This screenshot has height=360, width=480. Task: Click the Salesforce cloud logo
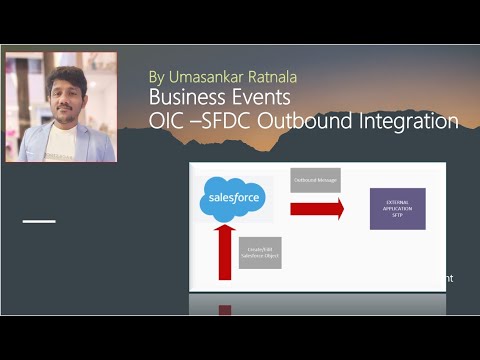point(234,199)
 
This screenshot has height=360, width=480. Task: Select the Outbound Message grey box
point(315,180)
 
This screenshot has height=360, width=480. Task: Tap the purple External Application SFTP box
point(397,208)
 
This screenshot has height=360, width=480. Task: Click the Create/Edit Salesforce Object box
point(260,253)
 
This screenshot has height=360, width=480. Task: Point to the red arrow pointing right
point(316,209)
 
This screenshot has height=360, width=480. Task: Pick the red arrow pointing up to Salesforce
point(226,251)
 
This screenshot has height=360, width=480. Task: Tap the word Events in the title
point(261,98)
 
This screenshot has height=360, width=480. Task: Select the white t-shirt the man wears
point(62,143)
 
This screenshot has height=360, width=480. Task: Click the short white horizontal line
point(39,220)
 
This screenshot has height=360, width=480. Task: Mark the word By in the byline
point(156,76)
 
